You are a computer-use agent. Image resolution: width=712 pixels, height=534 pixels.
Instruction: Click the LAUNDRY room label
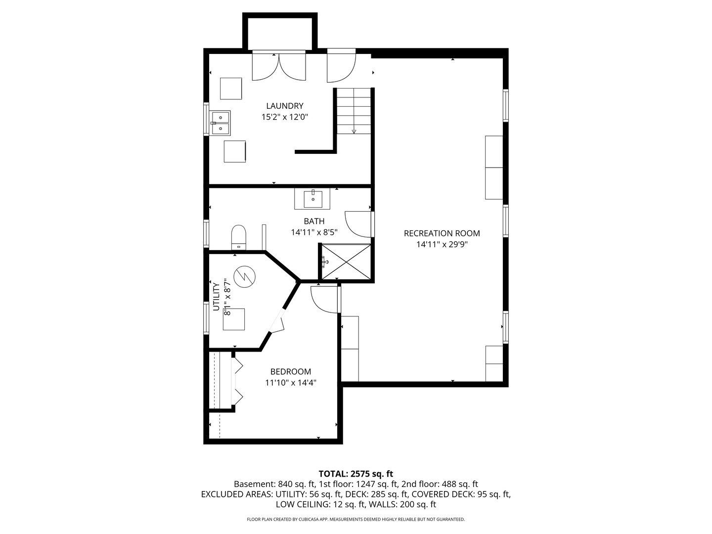tap(284, 106)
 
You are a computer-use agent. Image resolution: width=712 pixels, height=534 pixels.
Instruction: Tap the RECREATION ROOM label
tap(442, 233)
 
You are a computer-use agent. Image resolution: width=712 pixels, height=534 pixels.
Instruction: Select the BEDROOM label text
tap(290, 371)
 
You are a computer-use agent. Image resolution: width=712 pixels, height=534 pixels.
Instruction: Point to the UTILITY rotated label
tap(217, 297)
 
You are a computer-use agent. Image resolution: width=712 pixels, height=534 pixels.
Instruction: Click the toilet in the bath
tap(238, 237)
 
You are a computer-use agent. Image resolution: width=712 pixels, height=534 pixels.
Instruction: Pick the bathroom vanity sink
tap(312, 199)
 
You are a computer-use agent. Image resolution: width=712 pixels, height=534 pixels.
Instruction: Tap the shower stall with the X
tap(346, 262)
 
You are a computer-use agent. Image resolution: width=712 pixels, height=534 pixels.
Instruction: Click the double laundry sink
tap(221, 123)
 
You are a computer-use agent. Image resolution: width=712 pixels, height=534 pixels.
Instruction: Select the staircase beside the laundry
tap(354, 111)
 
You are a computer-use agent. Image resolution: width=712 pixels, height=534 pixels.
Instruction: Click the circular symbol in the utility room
tap(245, 276)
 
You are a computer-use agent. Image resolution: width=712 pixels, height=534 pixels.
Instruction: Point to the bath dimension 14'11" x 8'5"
tap(314, 232)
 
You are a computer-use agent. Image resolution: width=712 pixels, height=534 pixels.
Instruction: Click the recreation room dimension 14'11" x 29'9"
tap(442, 244)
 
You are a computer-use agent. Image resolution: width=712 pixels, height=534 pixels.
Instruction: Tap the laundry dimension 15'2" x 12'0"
tap(284, 117)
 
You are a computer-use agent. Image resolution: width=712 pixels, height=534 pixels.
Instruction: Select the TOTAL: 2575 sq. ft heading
tap(356, 474)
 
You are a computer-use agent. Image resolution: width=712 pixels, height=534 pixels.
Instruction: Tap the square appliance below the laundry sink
tap(234, 151)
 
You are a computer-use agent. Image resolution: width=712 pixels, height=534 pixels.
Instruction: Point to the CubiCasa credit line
tap(356, 519)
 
